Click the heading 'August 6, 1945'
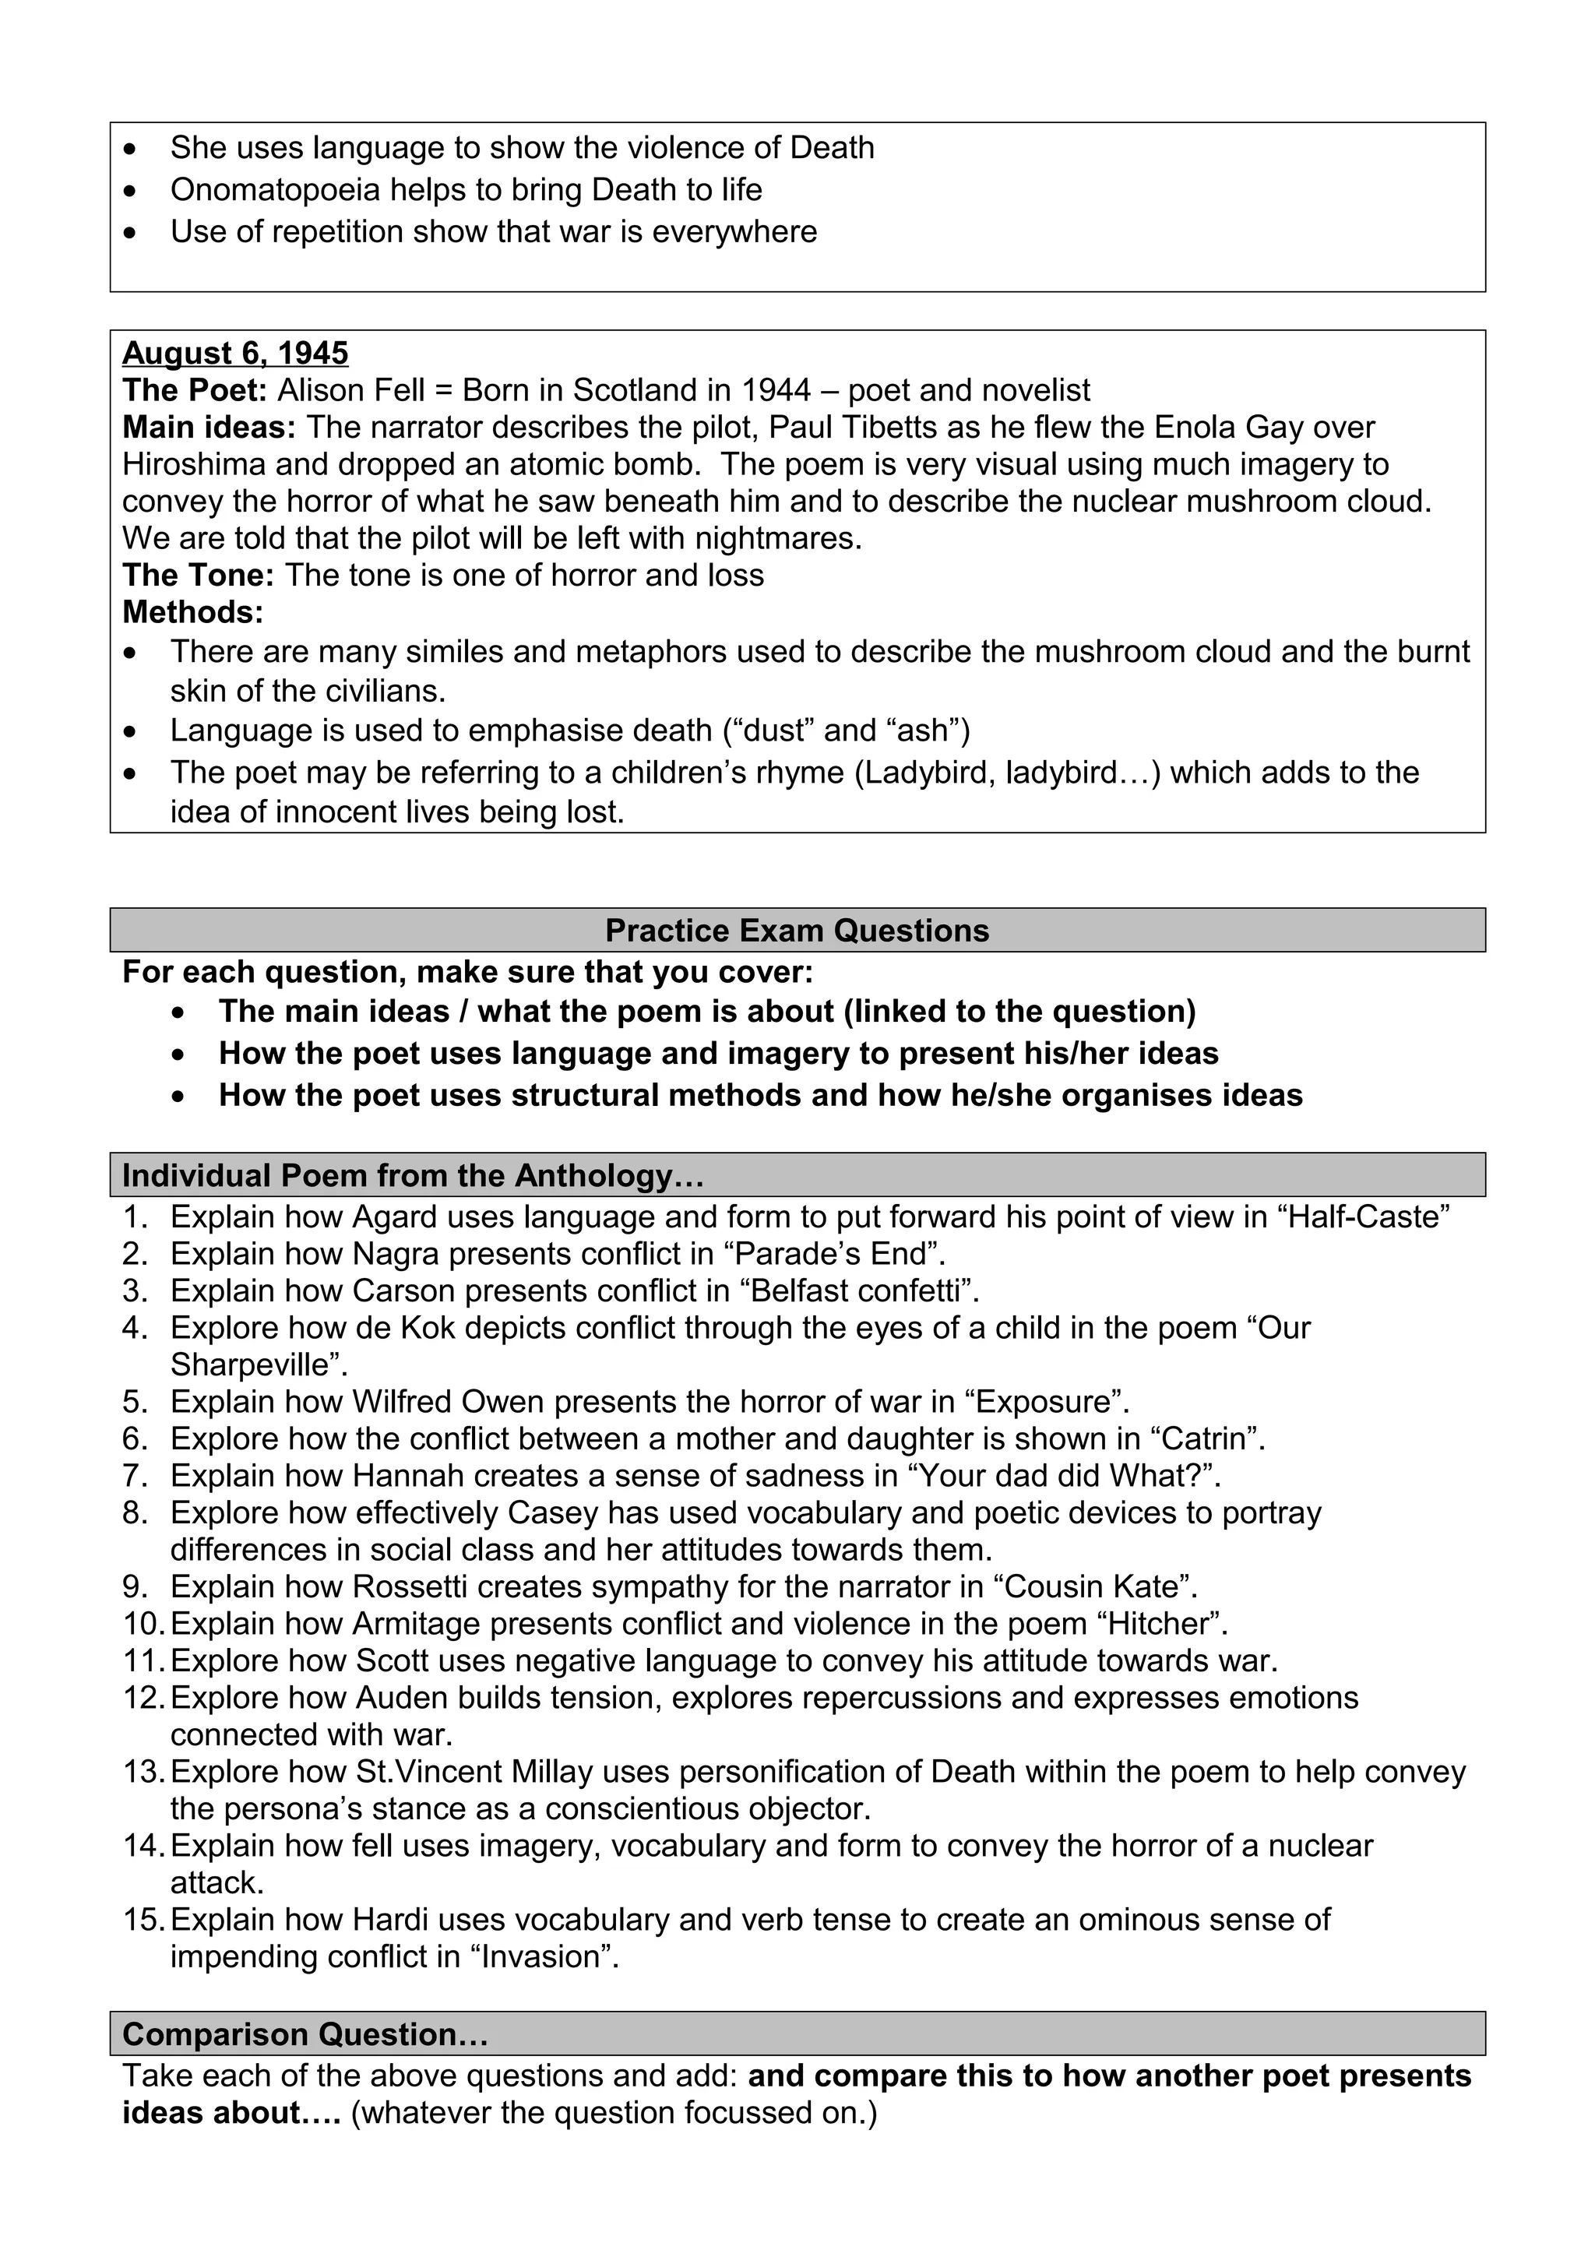click(235, 353)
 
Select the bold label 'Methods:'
click(192, 612)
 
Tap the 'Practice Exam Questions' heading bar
click(797, 930)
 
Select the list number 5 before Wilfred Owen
click(135, 1402)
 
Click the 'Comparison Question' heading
click(305, 2033)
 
